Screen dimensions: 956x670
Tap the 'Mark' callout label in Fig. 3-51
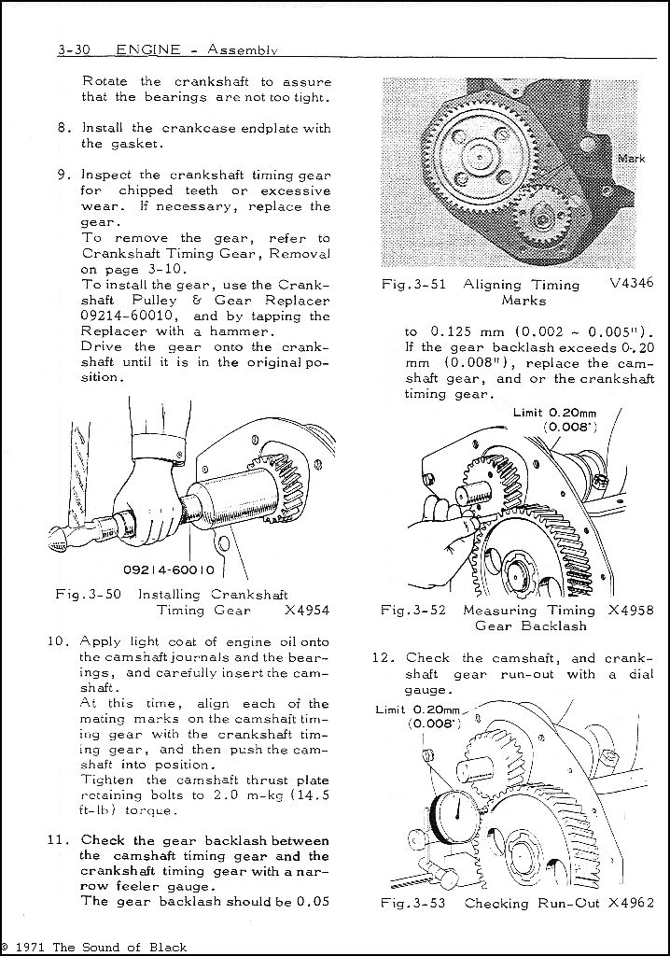tap(632, 159)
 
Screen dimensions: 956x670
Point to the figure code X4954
tap(307, 610)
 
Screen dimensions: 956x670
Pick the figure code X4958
tap(630, 610)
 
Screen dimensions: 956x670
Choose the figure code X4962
tap(630, 903)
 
